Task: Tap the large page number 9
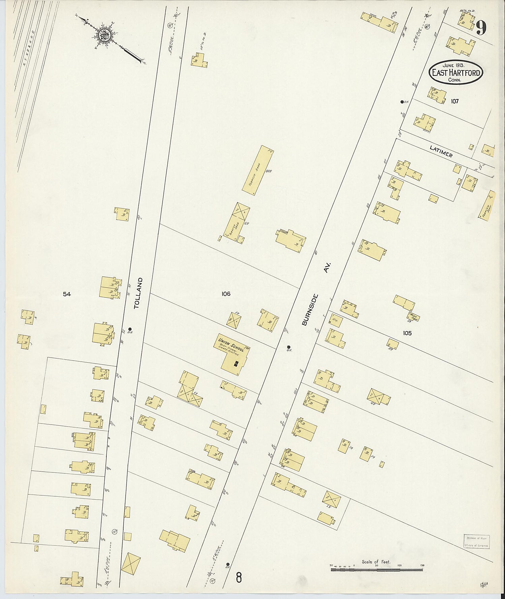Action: click(481, 28)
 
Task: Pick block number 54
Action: click(67, 294)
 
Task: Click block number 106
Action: click(226, 294)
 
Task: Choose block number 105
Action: click(407, 333)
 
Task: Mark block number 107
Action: click(454, 101)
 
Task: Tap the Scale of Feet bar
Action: click(376, 569)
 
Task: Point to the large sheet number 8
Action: click(239, 578)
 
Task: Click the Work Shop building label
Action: click(413, 317)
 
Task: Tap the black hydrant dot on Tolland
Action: click(130, 329)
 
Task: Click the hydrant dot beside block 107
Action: click(402, 102)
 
